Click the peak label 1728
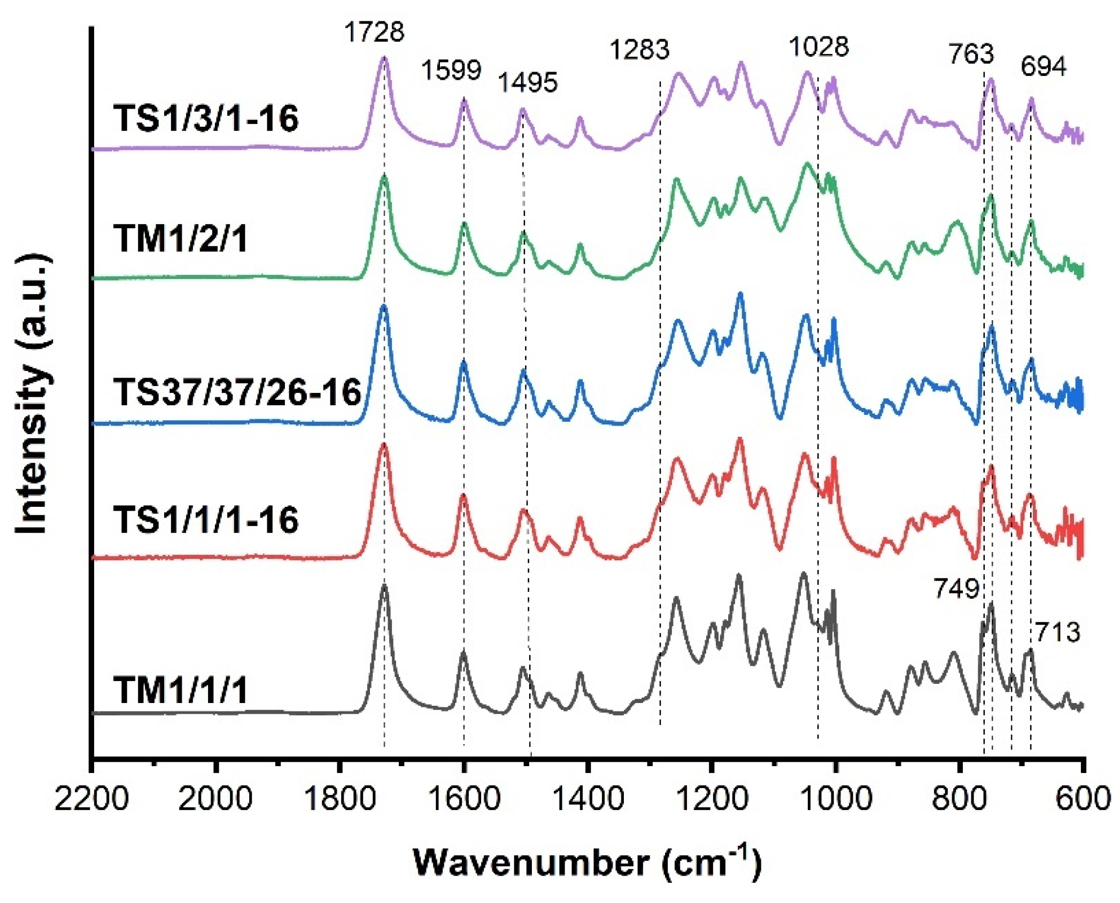pos(374,32)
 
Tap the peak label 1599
pos(451,70)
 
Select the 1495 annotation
pos(528,82)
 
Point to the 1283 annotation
pos(639,50)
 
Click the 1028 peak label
pos(818,47)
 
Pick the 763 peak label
pos(971,55)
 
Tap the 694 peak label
pos(1043,67)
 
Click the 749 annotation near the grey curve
pos(956,589)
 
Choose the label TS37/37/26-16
pos(237,392)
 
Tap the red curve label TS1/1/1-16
pos(206,519)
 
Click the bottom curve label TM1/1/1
pos(181,690)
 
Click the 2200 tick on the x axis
pos(92,799)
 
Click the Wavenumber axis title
pos(587,863)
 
